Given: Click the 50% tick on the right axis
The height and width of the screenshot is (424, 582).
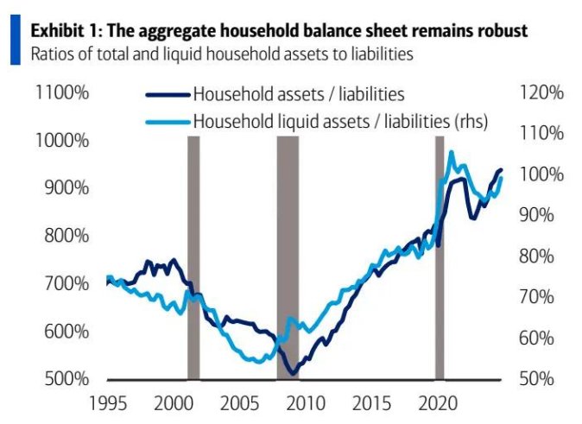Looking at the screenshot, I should (540, 379).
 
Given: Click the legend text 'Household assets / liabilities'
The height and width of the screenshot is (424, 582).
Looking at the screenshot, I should (299, 93).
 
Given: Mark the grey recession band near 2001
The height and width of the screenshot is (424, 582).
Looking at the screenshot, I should (193, 257).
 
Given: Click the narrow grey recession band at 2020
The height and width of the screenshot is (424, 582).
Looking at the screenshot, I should (440, 257).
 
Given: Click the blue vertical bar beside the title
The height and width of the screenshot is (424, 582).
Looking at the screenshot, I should (14, 41).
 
